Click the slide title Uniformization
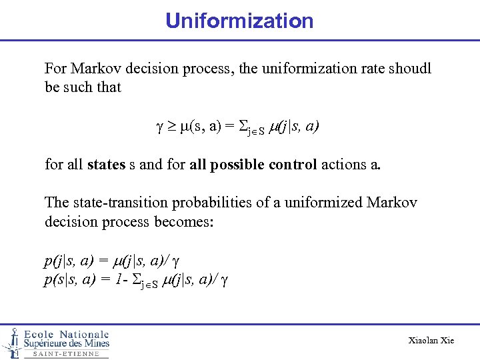coord(239,21)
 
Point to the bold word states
coord(105,164)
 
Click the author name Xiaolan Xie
coord(431,341)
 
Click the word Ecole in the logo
coord(39,334)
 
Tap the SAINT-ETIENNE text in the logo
coord(66,354)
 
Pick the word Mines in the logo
coord(94,343)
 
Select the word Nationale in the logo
coord(83,334)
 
